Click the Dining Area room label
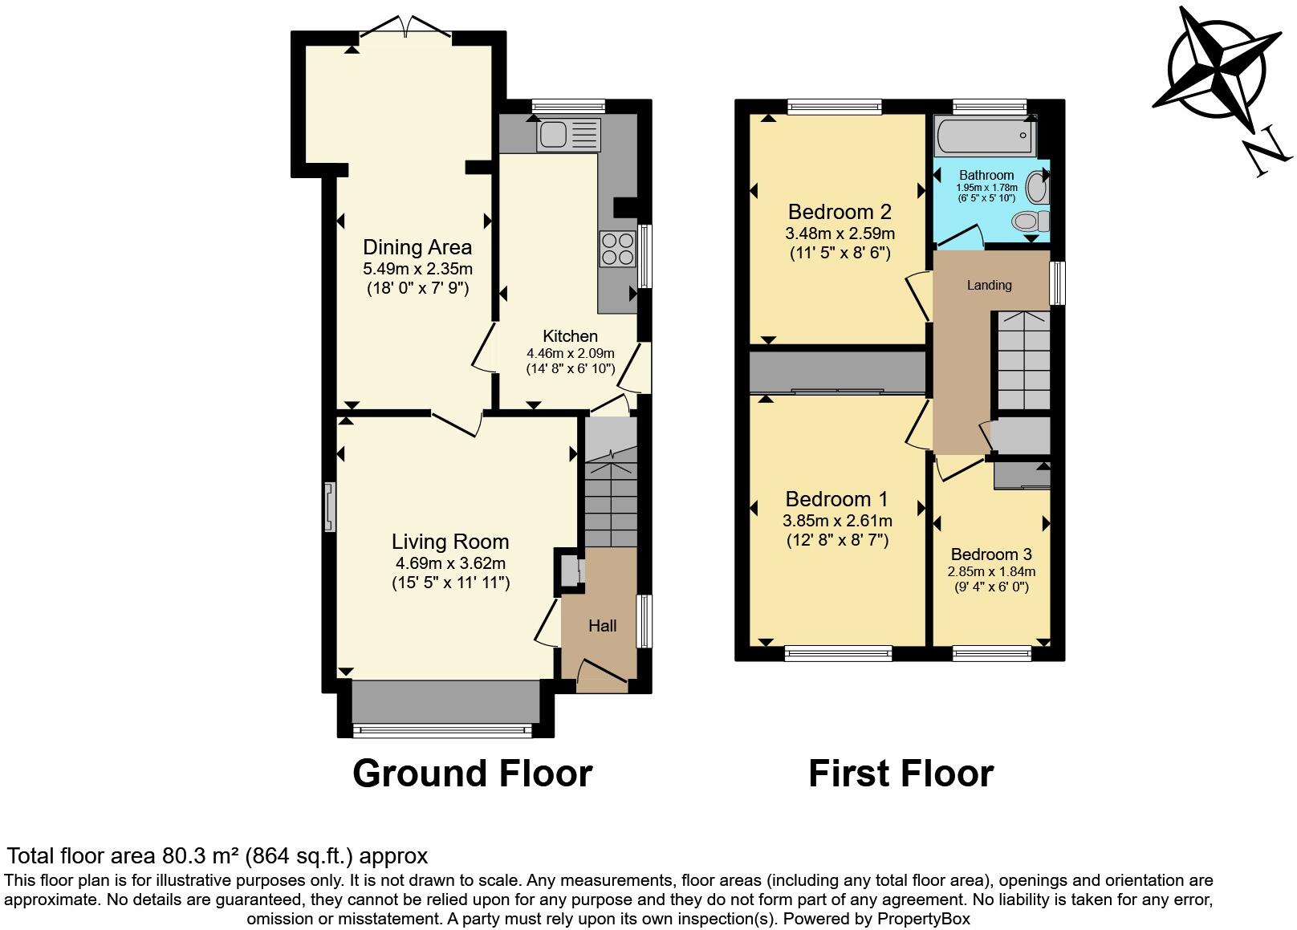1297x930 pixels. click(x=417, y=247)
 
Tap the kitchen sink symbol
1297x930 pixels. click(x=567, y=135)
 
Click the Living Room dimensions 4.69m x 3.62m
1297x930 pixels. click(x=450, y=563)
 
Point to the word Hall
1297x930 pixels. click(x=602, y=626)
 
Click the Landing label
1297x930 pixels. click(x=989, y=285)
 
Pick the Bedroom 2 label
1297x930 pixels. click(x=840, y=212)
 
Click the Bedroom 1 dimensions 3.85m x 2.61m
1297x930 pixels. click(x=837, y=521)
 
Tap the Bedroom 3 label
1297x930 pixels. click(x=991, y=554)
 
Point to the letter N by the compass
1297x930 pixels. click(x=1267, y=155)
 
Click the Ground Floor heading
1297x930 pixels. click(x=472, y=774)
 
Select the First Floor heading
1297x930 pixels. click(x=901, y=774)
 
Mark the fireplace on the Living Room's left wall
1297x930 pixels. click(x=330, y=507)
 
